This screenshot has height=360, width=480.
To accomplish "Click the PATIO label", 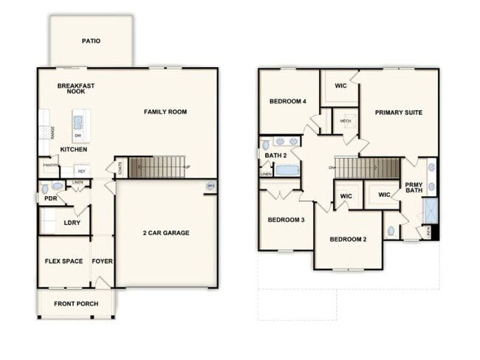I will pyautogui.click(x=91, y=41).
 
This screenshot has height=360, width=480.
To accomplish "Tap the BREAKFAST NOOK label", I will pyautogui.click(x=76, y=89).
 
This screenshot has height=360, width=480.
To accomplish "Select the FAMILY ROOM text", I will pyautogui.click(x=165, y=112).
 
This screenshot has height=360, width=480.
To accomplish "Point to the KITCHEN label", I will pyautogui.click(x=74, y=150).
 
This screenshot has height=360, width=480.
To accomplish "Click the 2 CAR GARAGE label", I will pyautogui.click(x=166, y=233).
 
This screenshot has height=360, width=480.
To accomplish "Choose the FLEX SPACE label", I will pyautogui.click(x=64, y=261).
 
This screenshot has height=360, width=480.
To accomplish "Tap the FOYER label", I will pyautogui.click(x=102, y=261).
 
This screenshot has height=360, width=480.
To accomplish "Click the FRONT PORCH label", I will pyautogui.click(x=76, y=302).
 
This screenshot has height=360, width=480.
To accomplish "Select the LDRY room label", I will pyautogui.click(x=72, y=222).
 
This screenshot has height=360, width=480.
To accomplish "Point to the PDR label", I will pyautogui.click(x=50, y=198).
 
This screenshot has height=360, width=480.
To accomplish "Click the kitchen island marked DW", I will pyautogui.click(x=78, y=125).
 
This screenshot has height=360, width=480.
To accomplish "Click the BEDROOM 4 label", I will pyautogui.click(x=287, y=101).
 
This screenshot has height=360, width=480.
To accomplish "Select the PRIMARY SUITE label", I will pyautogui.click(x=398, y=113).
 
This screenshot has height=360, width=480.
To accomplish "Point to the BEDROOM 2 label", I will pyautogui.click(x=348, y=239).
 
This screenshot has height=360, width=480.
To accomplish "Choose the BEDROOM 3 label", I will pyautogui.click(x=287, y=220).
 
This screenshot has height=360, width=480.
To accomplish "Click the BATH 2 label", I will pyautogui.click(x=275, y=156).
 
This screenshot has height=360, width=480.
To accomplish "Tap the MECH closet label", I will pyautogui.click(x=346, y=120).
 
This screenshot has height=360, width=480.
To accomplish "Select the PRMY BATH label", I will pyautogui.click(x=413, y=189).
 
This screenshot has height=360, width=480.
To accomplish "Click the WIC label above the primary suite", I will pyautogui.click(x=340, y=86).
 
